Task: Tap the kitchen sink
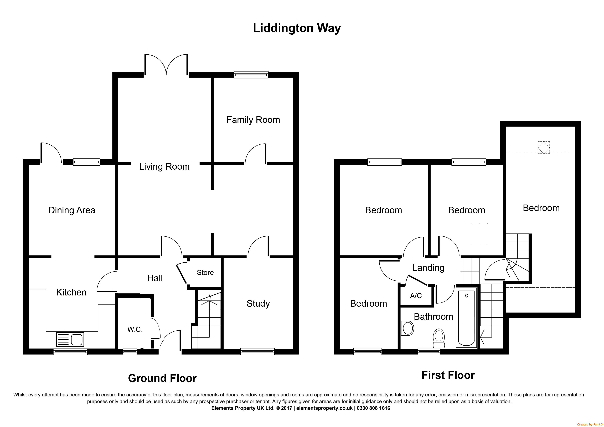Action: (x=70, y=339)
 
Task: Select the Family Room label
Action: (x=253, y=120)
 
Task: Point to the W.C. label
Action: (x=135, y=329)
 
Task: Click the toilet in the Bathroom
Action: (x=438, y=338)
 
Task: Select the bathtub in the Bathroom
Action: (x=466, y=318)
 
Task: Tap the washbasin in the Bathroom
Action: (x=407, y=328)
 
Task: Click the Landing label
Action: (x=428, y=268)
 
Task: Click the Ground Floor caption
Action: (x=162, y=378)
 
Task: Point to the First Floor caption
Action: (x=448, y=375)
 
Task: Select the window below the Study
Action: (x=257, y=352)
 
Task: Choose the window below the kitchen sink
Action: (x=70, y=352)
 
